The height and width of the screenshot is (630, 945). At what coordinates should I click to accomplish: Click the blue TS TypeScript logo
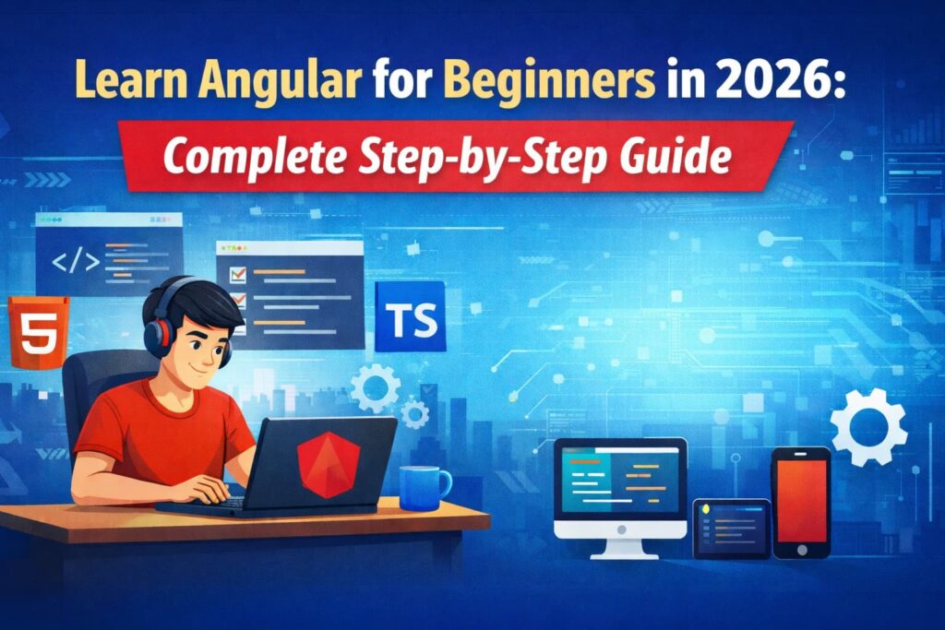(410, 316)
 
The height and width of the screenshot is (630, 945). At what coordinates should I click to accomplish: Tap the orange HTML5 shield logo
(39, 333)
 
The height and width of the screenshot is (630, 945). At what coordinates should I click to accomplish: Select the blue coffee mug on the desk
(423, 487)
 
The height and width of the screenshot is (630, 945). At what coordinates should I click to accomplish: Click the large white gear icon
(867, 425)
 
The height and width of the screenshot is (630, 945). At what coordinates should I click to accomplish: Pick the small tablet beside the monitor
(731, 528)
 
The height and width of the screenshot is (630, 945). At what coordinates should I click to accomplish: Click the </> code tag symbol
(75, 261)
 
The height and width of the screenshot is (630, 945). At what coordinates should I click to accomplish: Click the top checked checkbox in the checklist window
(236, 273)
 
